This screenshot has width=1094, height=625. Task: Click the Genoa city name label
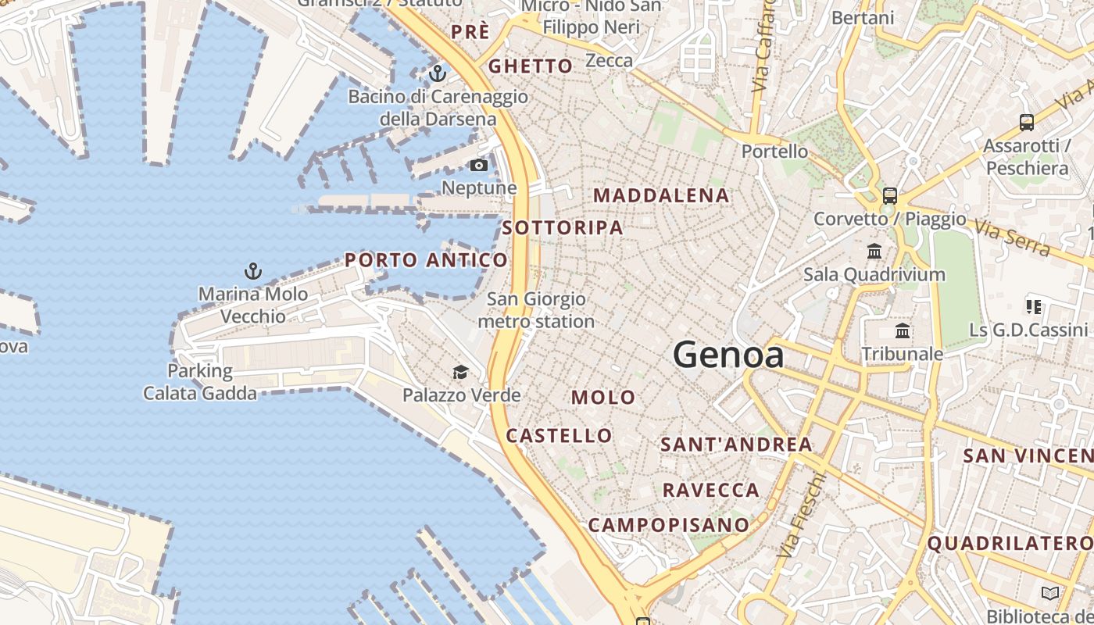tap(728, 355)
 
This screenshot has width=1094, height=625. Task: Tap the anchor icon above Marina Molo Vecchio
tap(252, 272)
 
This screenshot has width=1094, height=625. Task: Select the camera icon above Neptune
tap(479, 165)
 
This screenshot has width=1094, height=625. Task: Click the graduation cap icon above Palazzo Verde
tap(461, 372)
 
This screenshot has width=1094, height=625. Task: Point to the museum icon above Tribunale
tap(903, 330)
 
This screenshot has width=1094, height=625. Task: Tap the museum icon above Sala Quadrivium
tap(874, 252)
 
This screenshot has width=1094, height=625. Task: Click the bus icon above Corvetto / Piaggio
tap(889, 195)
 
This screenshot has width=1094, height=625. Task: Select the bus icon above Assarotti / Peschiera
tap(1027, 123)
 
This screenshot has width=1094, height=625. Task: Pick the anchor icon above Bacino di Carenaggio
tap(438, 74)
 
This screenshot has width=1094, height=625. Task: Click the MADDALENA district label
tap(662, 195)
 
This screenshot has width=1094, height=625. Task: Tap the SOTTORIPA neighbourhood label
tap(563, 227)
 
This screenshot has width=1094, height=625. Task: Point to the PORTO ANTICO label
tap(426, 259)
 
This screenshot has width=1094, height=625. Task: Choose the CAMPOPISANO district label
tap(668, 525)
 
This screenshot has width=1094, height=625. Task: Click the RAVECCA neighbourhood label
tap(711, 490)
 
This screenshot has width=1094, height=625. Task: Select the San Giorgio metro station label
tap(536, 310)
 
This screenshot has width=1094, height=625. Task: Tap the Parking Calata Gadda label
tap(200, 381)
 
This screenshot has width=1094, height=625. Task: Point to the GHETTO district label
tap(531, 66)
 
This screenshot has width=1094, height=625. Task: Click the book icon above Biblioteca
tap(1050, 593)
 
